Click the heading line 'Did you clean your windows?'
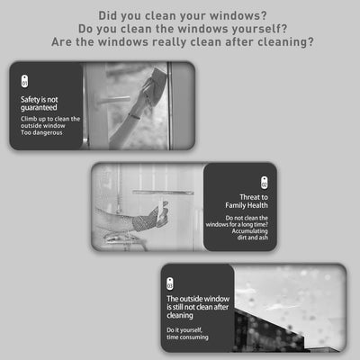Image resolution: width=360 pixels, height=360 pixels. coord(180,14)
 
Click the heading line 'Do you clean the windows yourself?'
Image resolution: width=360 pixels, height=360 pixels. coord(180,28)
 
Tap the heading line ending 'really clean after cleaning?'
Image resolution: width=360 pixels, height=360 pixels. coord(180,42)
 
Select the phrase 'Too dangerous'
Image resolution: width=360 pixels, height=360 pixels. coord(40,133)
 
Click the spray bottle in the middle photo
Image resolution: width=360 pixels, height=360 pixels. coord(160,212)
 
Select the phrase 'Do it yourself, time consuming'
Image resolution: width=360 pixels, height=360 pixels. coord(190,333)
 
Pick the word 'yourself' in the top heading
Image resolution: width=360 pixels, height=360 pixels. coord(258,28)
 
